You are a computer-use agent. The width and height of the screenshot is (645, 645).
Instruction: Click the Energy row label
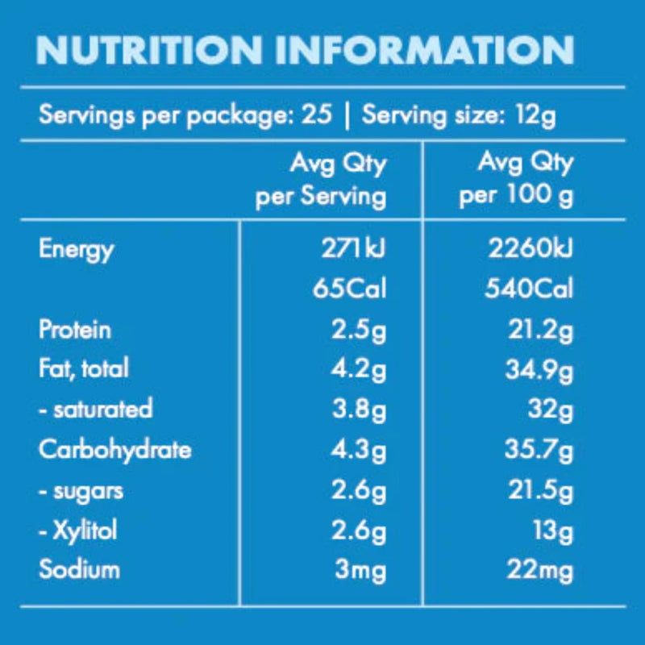coord(76,249)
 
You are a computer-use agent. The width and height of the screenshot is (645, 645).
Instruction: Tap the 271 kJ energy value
coord(353,249)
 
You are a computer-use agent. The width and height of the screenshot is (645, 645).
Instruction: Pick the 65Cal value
coord(349,289)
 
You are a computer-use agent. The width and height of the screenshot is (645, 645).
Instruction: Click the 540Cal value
coord(528,289)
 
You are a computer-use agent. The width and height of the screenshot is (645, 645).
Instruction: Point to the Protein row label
coord(75,329)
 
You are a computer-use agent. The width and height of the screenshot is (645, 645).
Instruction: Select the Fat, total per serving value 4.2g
coord(360,368)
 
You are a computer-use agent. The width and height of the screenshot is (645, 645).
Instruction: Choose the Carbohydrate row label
coord(114,449)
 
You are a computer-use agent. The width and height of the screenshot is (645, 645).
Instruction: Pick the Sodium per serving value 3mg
coord(360,570)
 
